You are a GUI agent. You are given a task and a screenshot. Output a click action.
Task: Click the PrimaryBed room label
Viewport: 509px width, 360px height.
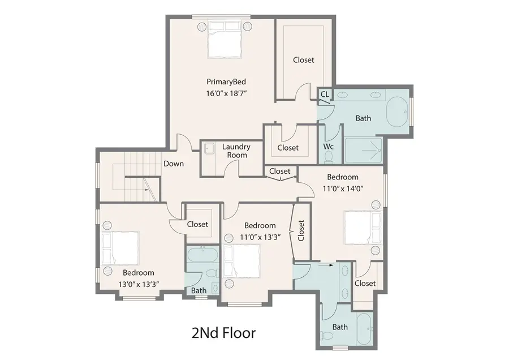226,82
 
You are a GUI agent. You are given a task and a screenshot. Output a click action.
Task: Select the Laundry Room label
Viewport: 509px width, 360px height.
236,151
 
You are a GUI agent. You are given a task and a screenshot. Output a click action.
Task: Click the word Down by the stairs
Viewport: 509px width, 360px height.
173,164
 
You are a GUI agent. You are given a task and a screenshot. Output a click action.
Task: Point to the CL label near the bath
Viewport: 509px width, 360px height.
325,95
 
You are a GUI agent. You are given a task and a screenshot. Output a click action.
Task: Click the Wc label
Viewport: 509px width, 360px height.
329,146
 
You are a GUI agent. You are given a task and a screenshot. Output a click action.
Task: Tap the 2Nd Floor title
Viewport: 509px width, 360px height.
225,332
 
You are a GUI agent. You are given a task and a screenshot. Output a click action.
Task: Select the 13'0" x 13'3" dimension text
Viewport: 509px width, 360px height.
139,284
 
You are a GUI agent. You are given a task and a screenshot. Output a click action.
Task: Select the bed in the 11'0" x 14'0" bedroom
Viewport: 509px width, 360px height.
360,228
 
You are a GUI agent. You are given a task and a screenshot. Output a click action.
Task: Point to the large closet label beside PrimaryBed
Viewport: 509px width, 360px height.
304,59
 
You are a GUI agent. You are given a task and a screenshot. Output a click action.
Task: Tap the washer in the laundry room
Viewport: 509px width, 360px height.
208,149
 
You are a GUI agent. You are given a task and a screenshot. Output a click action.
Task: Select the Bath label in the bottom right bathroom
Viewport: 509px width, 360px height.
340,327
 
